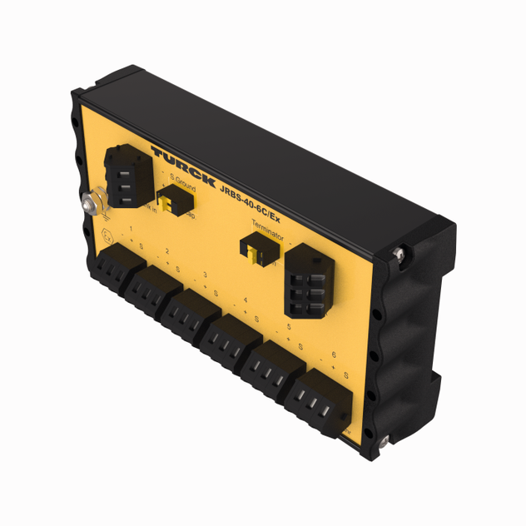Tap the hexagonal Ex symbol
pyautogui.click(x=105, y=234)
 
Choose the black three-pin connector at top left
pyautogui.click(x=127, y=176)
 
